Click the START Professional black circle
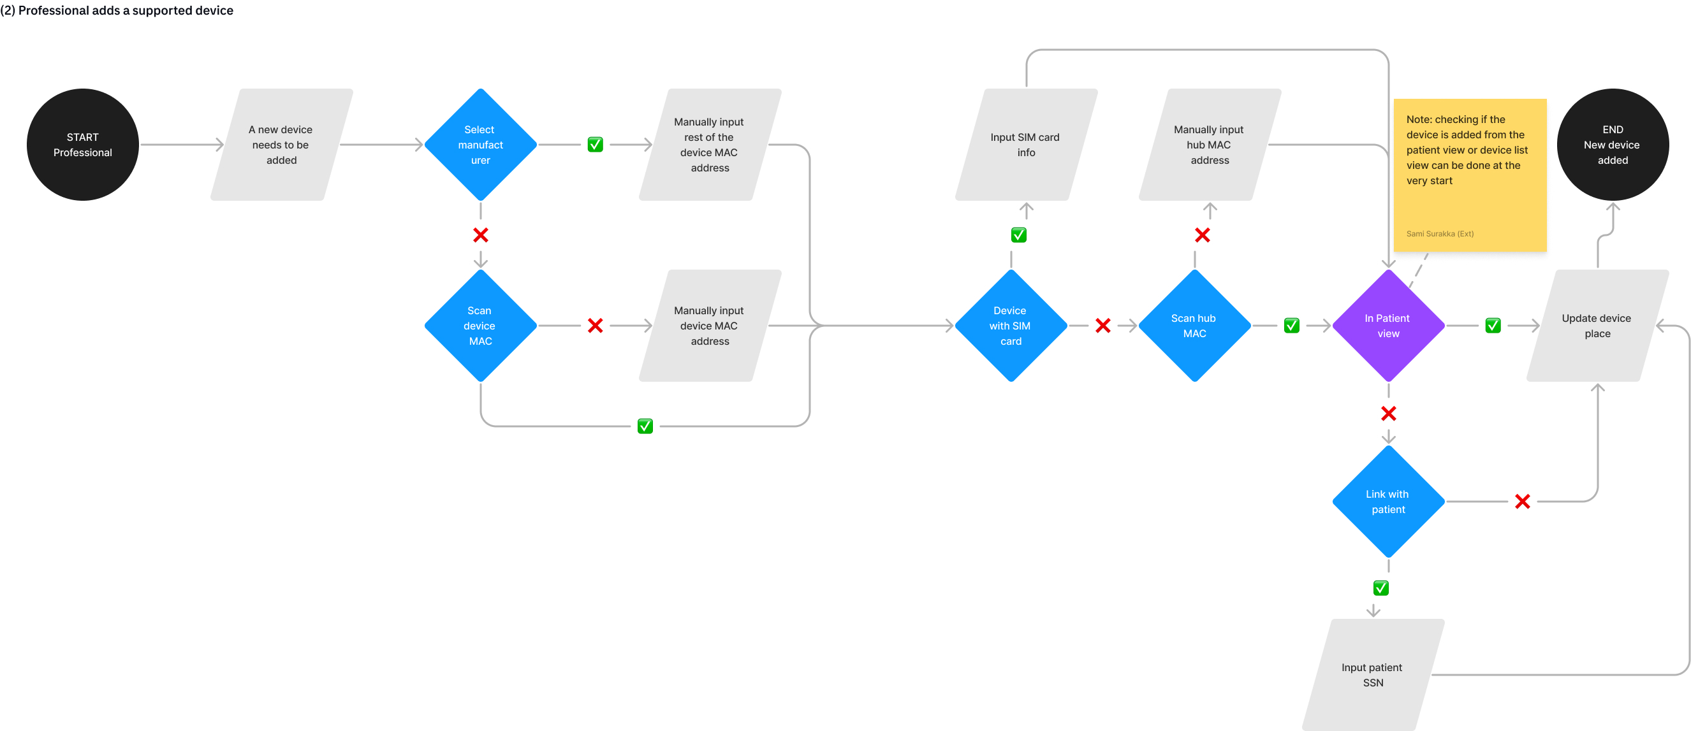83,145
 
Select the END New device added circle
1612,145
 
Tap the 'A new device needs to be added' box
281,145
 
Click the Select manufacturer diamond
481,145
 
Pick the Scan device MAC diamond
481,326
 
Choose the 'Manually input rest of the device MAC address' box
710,145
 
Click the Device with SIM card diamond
1011,326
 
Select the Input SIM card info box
1026,145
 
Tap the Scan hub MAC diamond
1195,326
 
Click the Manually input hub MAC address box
1210,145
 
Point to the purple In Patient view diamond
1388,326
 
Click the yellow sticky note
1470,175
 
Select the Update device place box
1597,326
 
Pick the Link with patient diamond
1388,502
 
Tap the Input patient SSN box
1373,674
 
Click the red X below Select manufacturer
481,235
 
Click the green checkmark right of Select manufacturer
596,145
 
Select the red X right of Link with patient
1522,502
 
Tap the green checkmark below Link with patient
1381,588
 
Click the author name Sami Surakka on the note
1440,234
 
